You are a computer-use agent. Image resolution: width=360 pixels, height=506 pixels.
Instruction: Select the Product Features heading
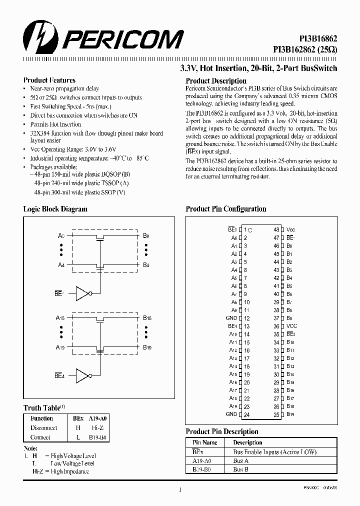click(49, 80)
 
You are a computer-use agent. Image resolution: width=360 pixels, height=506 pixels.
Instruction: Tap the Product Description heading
click(216, 80)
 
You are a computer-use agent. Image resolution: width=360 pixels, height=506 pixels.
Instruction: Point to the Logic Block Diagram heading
click(55, 209)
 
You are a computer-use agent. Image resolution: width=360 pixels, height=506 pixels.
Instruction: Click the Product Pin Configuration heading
click(226, 209)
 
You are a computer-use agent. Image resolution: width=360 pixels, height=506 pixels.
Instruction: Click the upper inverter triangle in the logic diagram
click(82, 293)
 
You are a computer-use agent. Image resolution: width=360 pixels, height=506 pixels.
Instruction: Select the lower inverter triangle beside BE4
click(82, 375)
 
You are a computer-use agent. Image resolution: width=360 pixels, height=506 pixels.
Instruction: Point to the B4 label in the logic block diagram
click(146, 265)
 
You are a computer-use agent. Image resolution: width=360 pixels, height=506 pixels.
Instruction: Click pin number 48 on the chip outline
click(276, 230)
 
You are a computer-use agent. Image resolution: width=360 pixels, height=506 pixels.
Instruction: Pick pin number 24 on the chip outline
click(246, 414)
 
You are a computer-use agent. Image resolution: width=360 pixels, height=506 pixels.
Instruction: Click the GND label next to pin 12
click(231, 318)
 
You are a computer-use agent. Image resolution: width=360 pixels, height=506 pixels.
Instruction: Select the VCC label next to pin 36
click(291, 326)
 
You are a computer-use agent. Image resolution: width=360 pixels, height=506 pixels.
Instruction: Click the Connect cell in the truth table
click(40, 437)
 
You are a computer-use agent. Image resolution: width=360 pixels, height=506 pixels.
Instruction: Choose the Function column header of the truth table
click(41, 418)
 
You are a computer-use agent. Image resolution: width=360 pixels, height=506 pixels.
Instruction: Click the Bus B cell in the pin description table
click(241, 469)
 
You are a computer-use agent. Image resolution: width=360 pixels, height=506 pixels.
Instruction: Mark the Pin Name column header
click(205, 442)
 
